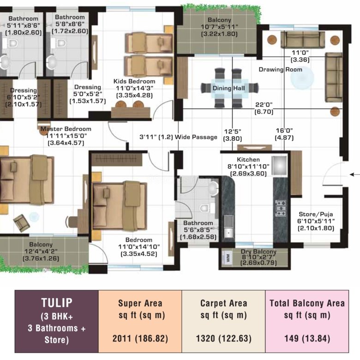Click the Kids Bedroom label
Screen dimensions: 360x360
click(134, 81)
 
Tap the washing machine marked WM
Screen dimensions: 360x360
click(228, 258)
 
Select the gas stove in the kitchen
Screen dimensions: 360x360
click(281, 208)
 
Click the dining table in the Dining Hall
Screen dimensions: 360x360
click(229, 89)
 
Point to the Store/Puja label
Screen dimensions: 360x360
click(316, 214)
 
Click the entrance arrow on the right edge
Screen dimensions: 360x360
click(355, 174)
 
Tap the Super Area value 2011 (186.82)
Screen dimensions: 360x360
click(140, 339)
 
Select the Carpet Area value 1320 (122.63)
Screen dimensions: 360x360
click(224, 339)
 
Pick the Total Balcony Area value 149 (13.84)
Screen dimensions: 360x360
click(307, 339)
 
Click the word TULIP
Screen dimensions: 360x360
click(57, 303)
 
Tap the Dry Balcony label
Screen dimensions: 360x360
click(258, 252)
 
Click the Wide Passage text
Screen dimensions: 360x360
click(196, 137)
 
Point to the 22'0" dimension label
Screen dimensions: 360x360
click(264, 105)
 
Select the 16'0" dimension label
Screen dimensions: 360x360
click(284, 131)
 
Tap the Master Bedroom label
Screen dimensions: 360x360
click(66, 129)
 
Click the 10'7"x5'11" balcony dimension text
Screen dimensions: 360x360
click(219, 27)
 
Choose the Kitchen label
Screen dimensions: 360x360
click(248, 160)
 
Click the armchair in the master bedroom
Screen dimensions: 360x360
click(21, 223)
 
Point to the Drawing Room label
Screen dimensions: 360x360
click(280, 70)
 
